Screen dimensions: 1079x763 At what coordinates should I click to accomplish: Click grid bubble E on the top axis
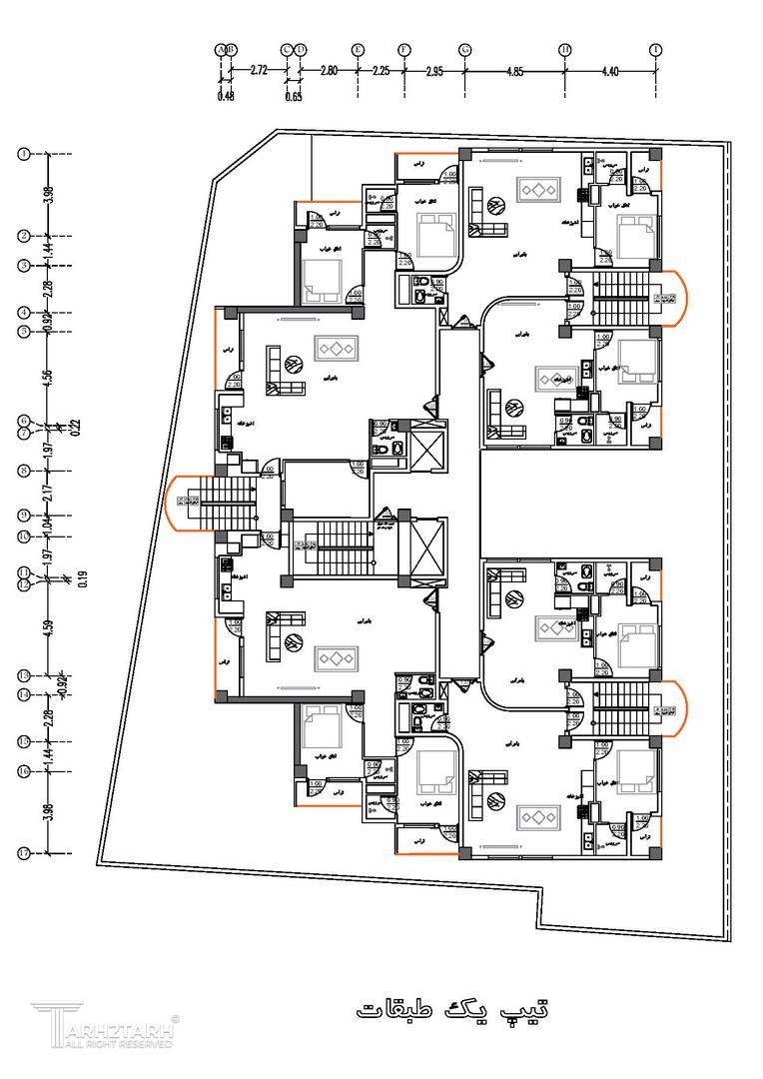(x=357, y=49)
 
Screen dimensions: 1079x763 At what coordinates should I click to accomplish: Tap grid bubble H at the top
(x=564, y=49)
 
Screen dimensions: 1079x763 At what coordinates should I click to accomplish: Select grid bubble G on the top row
(x=464, y=49)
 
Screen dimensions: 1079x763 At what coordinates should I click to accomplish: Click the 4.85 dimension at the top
(x=514, y=71)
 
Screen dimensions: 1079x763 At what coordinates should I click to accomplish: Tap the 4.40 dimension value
(x=610, y=71)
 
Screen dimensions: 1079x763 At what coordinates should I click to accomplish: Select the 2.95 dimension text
(x=434, y=71)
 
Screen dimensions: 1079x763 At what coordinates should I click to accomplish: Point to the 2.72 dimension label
(x=259, y=71)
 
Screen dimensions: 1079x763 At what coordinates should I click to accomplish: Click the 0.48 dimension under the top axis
(x=226, y=96)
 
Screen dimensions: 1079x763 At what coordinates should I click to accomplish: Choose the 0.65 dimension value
(x=294, y=96)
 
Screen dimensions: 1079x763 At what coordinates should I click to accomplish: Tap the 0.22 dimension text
(x=77, y=427)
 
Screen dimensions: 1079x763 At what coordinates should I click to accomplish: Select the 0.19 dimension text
(x=77, y=578)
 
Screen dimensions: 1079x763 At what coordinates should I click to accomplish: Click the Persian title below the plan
(x=452, y=1007)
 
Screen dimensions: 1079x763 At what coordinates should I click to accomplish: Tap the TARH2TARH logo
(x=105, y=1026)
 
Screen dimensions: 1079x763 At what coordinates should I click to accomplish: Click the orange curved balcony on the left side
(x=179, y=504)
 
